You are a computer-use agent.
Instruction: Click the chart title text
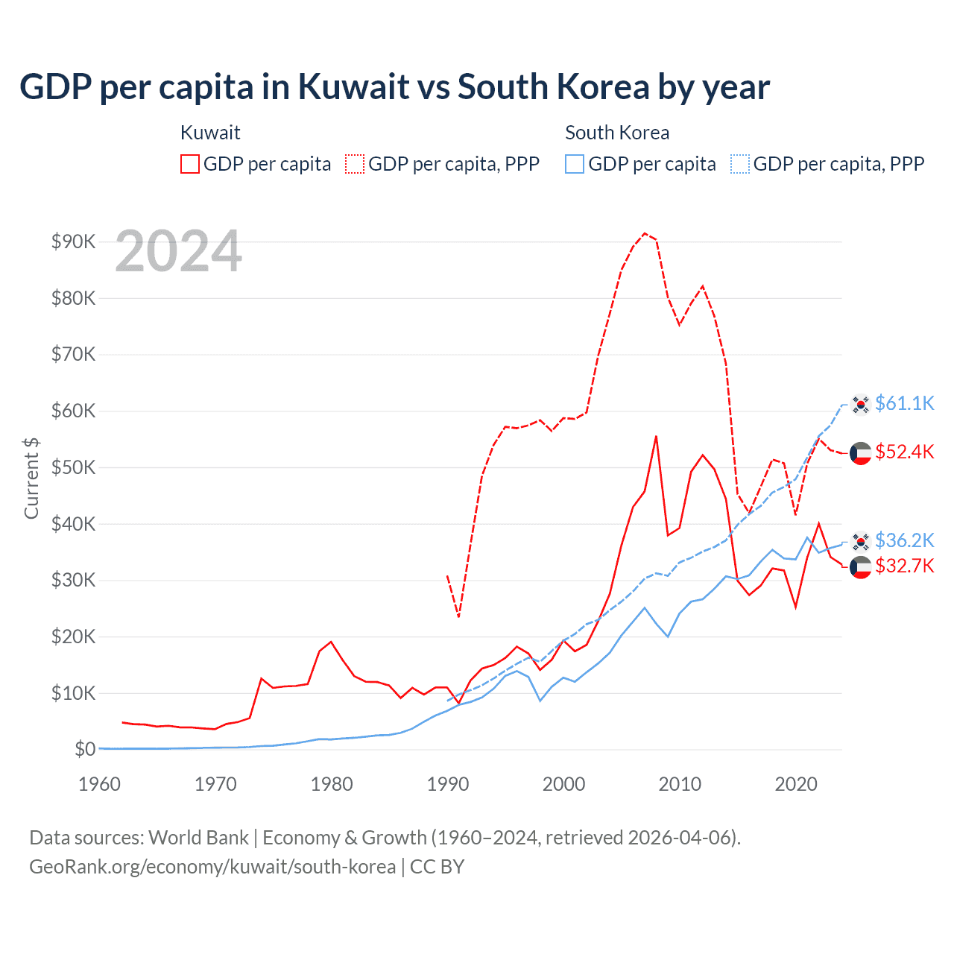tap(394, 87)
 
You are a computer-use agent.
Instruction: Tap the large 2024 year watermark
tap(178, 252)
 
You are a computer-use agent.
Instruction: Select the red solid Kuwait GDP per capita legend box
tap(190, 164)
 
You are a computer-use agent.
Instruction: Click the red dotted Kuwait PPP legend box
tap(355, 164)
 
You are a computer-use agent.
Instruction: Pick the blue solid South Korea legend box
tap(575, 164)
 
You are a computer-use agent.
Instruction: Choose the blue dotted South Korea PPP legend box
tap(740, 164)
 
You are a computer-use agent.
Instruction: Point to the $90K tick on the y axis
tap(73, 241)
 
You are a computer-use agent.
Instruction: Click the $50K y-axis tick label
tap(73, 467)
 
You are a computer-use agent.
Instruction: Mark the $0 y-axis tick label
tap(85, 749)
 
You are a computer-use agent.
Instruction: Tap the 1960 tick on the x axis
tap(99, 784)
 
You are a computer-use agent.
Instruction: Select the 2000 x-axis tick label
tap(563, 784)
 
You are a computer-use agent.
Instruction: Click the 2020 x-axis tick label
tap(796, 784)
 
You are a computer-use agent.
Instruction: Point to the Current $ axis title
tap(31, 477)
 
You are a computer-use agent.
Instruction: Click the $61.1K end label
tap(904, 403)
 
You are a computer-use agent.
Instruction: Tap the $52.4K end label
tap(904, 452)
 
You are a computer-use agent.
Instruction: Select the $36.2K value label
tap(904, 540)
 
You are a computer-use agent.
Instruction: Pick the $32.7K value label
tap(904, 566)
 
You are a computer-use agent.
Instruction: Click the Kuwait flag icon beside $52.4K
tap(861, 453)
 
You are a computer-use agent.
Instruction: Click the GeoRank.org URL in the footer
tap(212, 867)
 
